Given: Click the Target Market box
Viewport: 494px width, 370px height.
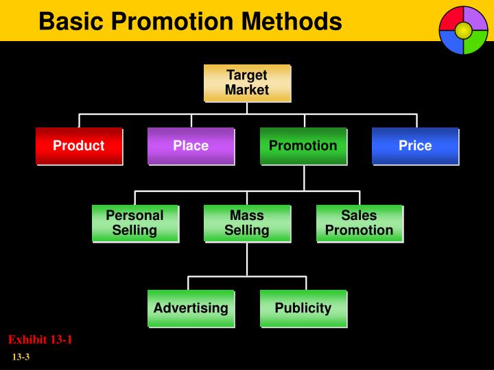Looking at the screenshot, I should click(247, 83).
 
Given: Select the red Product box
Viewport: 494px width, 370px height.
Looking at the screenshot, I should click(79, 146).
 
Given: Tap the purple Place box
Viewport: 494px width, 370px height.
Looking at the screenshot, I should click(191, 146).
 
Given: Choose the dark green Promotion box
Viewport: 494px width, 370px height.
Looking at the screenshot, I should click(303, 146).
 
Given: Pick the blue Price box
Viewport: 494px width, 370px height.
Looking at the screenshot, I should click(415, 146).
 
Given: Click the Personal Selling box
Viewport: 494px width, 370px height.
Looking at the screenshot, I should click(135, 223).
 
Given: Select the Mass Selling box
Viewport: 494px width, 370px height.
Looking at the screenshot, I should click(247, 223).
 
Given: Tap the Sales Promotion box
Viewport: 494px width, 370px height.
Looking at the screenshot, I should click(360, 223).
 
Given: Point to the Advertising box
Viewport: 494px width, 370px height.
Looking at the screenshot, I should click(191, 308).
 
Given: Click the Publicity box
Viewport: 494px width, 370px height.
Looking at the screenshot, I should click(303, 308).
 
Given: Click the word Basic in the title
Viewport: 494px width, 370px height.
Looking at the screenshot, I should click(69, 22).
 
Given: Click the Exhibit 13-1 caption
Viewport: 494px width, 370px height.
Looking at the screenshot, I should click(40, 340).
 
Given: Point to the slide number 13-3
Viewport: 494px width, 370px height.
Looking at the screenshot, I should click(21, 358).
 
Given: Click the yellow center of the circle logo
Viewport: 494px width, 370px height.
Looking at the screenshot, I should click(463, 30).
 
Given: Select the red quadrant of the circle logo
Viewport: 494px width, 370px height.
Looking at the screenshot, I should click(451, 20).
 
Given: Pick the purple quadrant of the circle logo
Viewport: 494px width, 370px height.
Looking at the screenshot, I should click(475, 18).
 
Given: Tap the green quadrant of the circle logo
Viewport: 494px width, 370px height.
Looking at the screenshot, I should click(475, 42).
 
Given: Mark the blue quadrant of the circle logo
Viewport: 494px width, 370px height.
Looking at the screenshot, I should click(451, 42).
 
